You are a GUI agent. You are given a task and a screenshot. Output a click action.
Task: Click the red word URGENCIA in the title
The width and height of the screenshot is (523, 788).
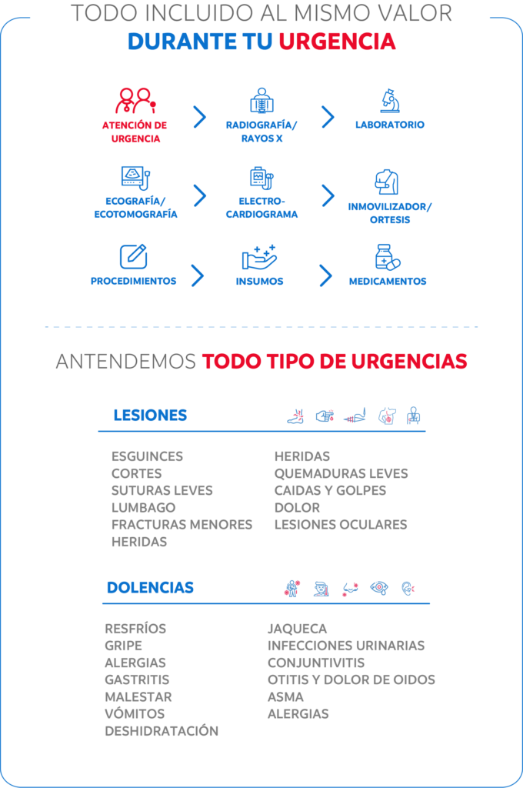tap(337, 42)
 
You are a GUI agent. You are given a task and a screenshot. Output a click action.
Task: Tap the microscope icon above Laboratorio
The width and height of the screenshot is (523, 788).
tap(390, 101)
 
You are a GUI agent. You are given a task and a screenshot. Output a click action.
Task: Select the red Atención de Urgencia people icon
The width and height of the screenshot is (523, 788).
tap(135, 101)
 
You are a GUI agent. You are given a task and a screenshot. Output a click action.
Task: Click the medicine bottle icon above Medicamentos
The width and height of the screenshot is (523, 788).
tap(388, 257)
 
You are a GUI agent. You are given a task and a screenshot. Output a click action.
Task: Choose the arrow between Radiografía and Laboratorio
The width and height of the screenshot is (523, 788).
tap(328, 117)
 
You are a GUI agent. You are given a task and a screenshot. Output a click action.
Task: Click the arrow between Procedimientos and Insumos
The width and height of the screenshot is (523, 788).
tap(198, 275)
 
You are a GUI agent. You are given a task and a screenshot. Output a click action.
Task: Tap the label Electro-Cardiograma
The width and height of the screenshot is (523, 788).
tap(261, 208)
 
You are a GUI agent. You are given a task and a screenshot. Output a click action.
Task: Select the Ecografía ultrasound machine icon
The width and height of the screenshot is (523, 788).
tap(135, 178)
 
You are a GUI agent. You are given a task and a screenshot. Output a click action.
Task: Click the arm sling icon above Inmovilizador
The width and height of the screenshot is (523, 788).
tap(387, 182)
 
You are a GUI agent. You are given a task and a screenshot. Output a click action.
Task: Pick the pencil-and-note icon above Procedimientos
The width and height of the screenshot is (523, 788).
tap(134, 256)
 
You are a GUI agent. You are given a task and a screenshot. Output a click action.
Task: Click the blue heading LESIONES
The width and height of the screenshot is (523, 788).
tap(150, 415)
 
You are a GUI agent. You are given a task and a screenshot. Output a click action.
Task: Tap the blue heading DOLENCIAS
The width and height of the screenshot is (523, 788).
tap(150, 587)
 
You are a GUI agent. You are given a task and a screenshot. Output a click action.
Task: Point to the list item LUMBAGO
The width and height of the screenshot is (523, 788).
tap(144, 508)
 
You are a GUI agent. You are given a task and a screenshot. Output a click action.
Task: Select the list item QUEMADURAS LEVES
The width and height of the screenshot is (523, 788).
tap(341, 473)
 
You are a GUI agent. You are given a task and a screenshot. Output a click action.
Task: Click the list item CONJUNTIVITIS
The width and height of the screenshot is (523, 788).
tap(316, 663)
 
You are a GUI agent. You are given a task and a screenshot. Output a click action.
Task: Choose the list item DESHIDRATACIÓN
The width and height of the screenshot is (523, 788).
tap(162, 731)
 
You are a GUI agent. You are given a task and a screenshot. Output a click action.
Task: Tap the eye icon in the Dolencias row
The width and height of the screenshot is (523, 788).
tap(379, 587)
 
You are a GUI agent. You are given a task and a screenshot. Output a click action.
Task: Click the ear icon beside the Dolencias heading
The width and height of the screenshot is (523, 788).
tap(408, 588)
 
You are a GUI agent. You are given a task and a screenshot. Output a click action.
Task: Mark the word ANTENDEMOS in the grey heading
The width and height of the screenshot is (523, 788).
tap(125, 362)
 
